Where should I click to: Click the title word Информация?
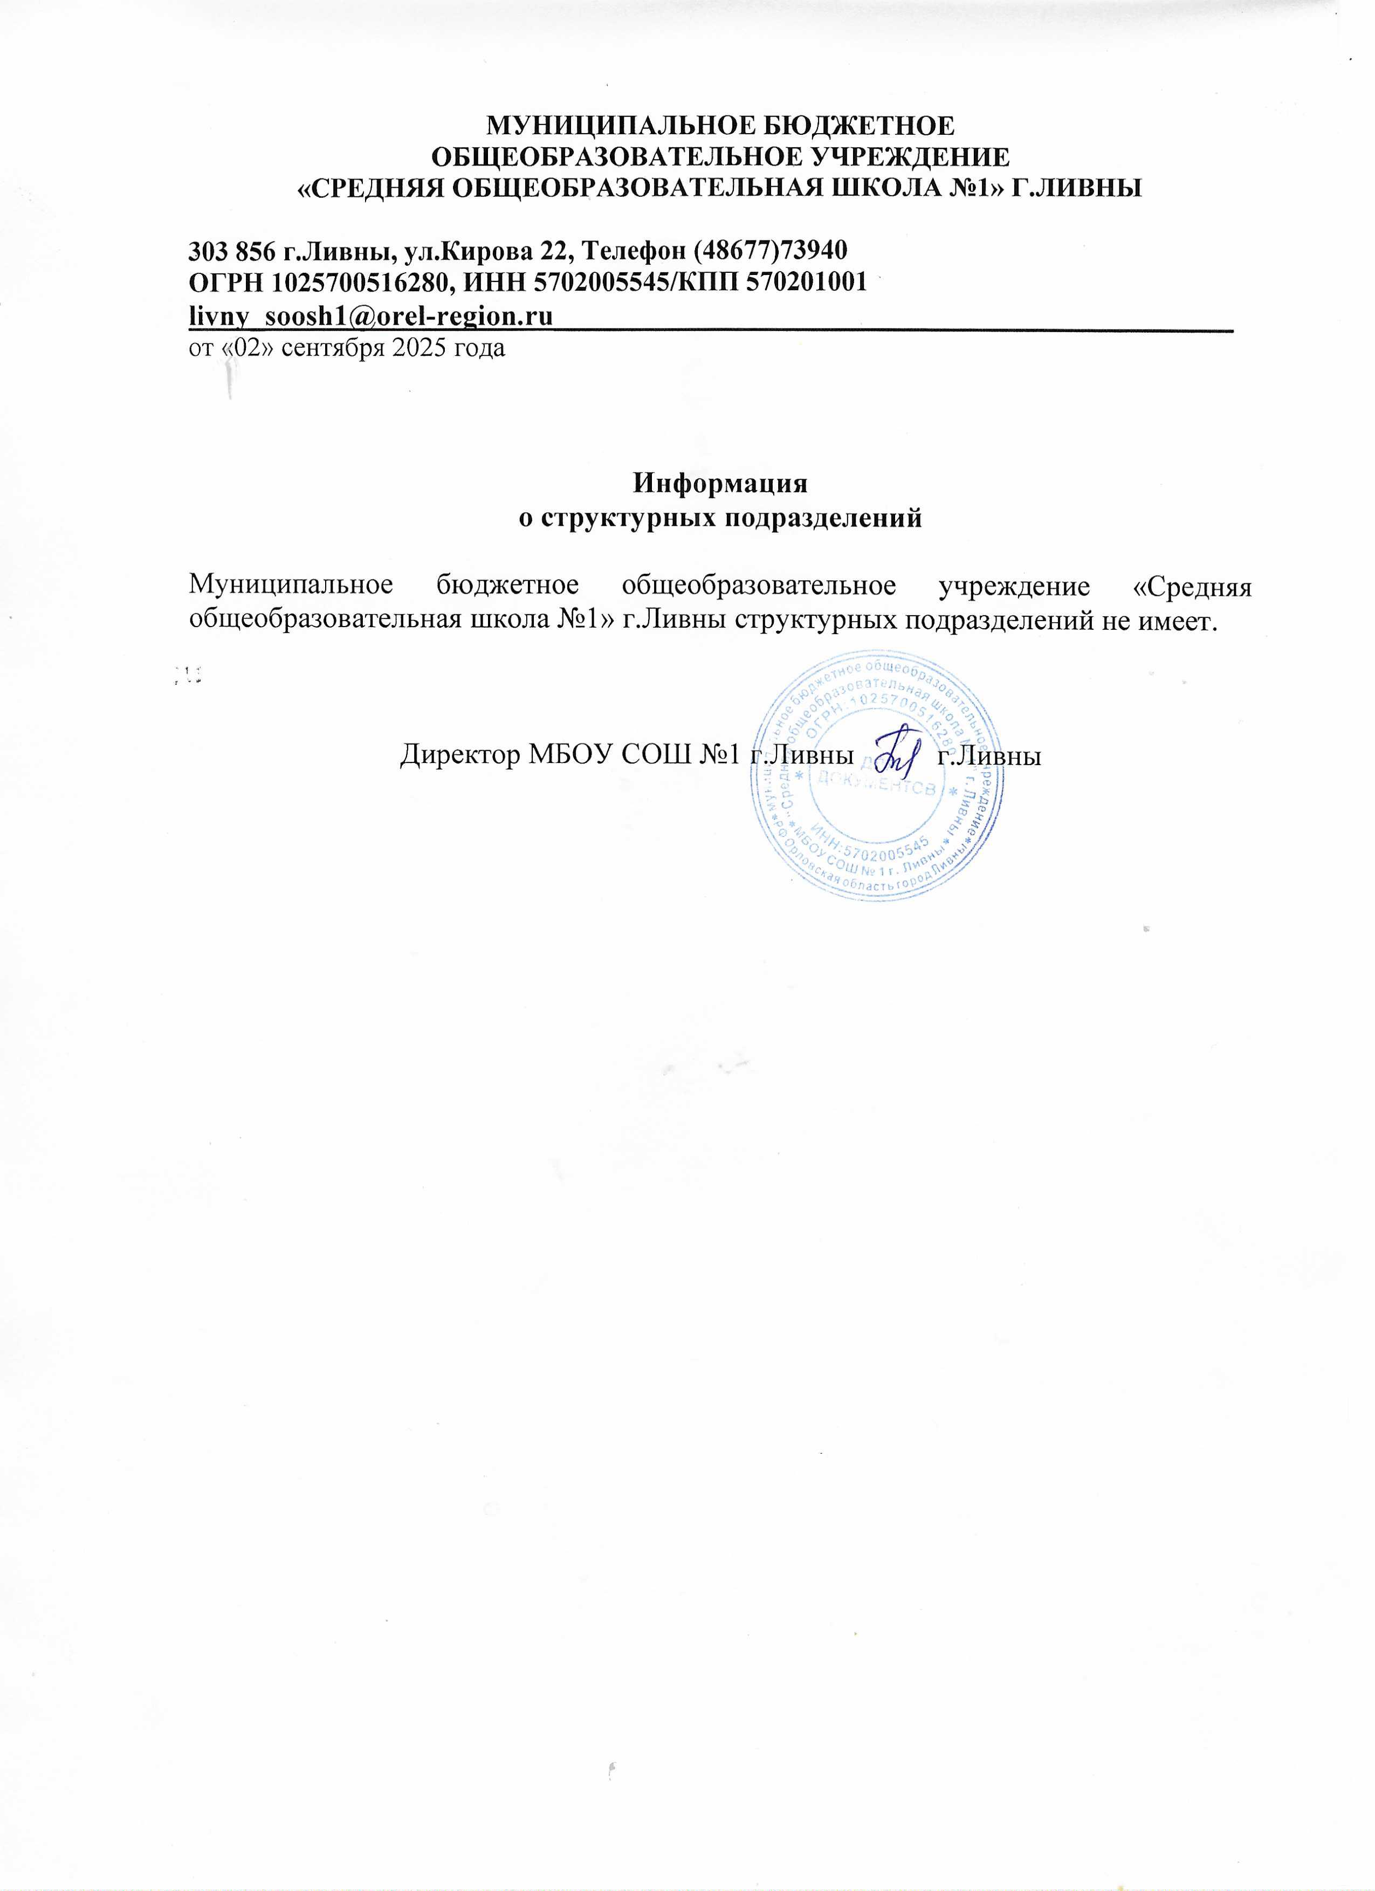[x=720, y=484]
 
